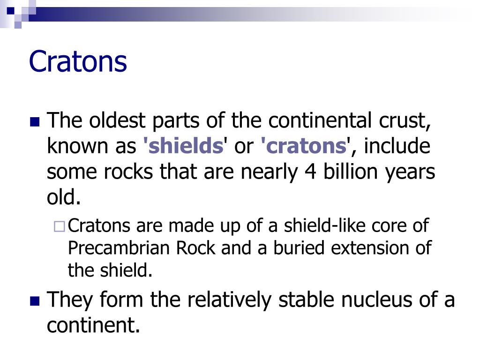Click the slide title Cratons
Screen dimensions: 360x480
(x=78, y=61)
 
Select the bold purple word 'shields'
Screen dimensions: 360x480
(x=184, y=147)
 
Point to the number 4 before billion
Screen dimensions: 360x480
(x=309, y=172)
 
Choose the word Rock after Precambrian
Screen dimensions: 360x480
(x=196, y=248)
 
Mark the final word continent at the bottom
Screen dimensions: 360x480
(x=93, y=325)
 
